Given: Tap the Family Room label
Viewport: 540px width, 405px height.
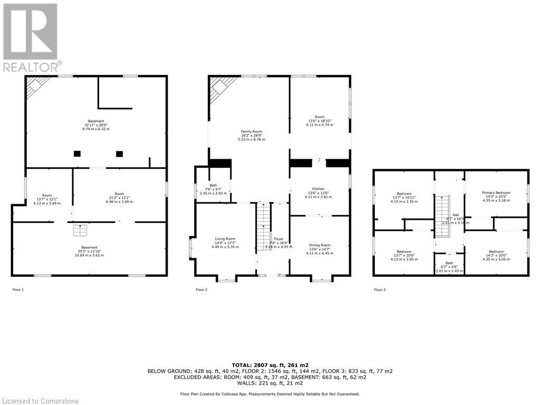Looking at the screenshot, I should (x=252, y=131).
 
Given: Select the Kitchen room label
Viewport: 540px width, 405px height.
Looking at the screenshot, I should (x=318, y=189).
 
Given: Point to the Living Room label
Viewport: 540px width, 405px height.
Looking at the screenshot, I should (x=225, y=239).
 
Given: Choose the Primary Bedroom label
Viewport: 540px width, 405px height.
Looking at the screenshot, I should (x=496, y=193).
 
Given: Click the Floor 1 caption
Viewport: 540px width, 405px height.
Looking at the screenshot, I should (x=18, y=290).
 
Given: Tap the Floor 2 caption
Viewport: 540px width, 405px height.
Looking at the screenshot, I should (x=201, y=290).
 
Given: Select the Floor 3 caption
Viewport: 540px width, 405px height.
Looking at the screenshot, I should (x=380, y=290).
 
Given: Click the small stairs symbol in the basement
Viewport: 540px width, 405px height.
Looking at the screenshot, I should (x=79, y=230).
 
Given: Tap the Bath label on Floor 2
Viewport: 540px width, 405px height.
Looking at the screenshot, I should (x=213, y=185).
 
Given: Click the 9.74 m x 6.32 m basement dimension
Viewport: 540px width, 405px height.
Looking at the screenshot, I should (x=96, y=129).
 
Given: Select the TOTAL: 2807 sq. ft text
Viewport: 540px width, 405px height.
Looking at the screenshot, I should (x=269, y=365).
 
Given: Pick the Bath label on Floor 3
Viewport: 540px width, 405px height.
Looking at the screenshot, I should (x=449, y=263).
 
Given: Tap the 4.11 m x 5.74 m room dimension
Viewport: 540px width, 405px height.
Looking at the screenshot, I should (x=320, y=125).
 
